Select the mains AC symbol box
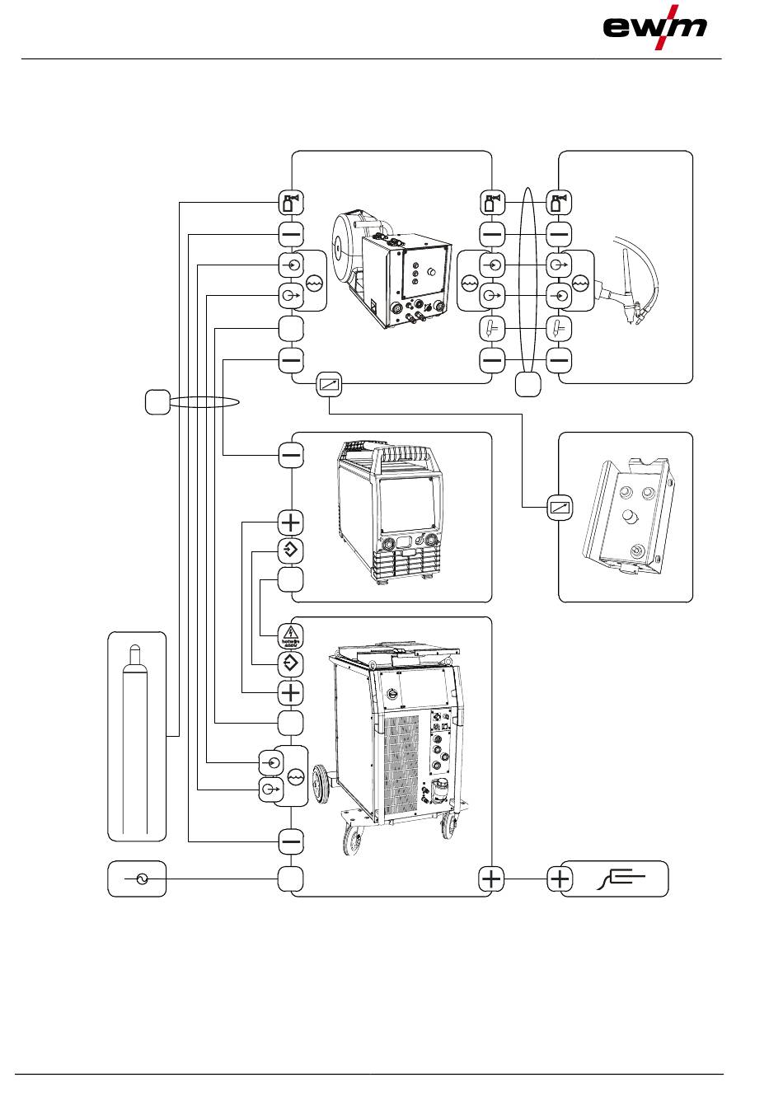click(x=137, y=880)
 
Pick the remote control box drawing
click(x=626, y=517)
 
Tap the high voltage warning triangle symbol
click(x=291, y=635)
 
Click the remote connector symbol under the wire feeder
click(x=330, y=384)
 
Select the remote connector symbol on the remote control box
click(x=560, y=507)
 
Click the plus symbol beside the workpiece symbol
click(x=560, y=879)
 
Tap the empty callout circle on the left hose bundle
click(x=157, y=401)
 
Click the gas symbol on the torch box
click(x=560, y=202)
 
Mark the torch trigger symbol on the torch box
click(x=560, y=329)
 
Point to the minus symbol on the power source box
click(x=291, y=455)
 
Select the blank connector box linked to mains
click(x=291, y=879)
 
